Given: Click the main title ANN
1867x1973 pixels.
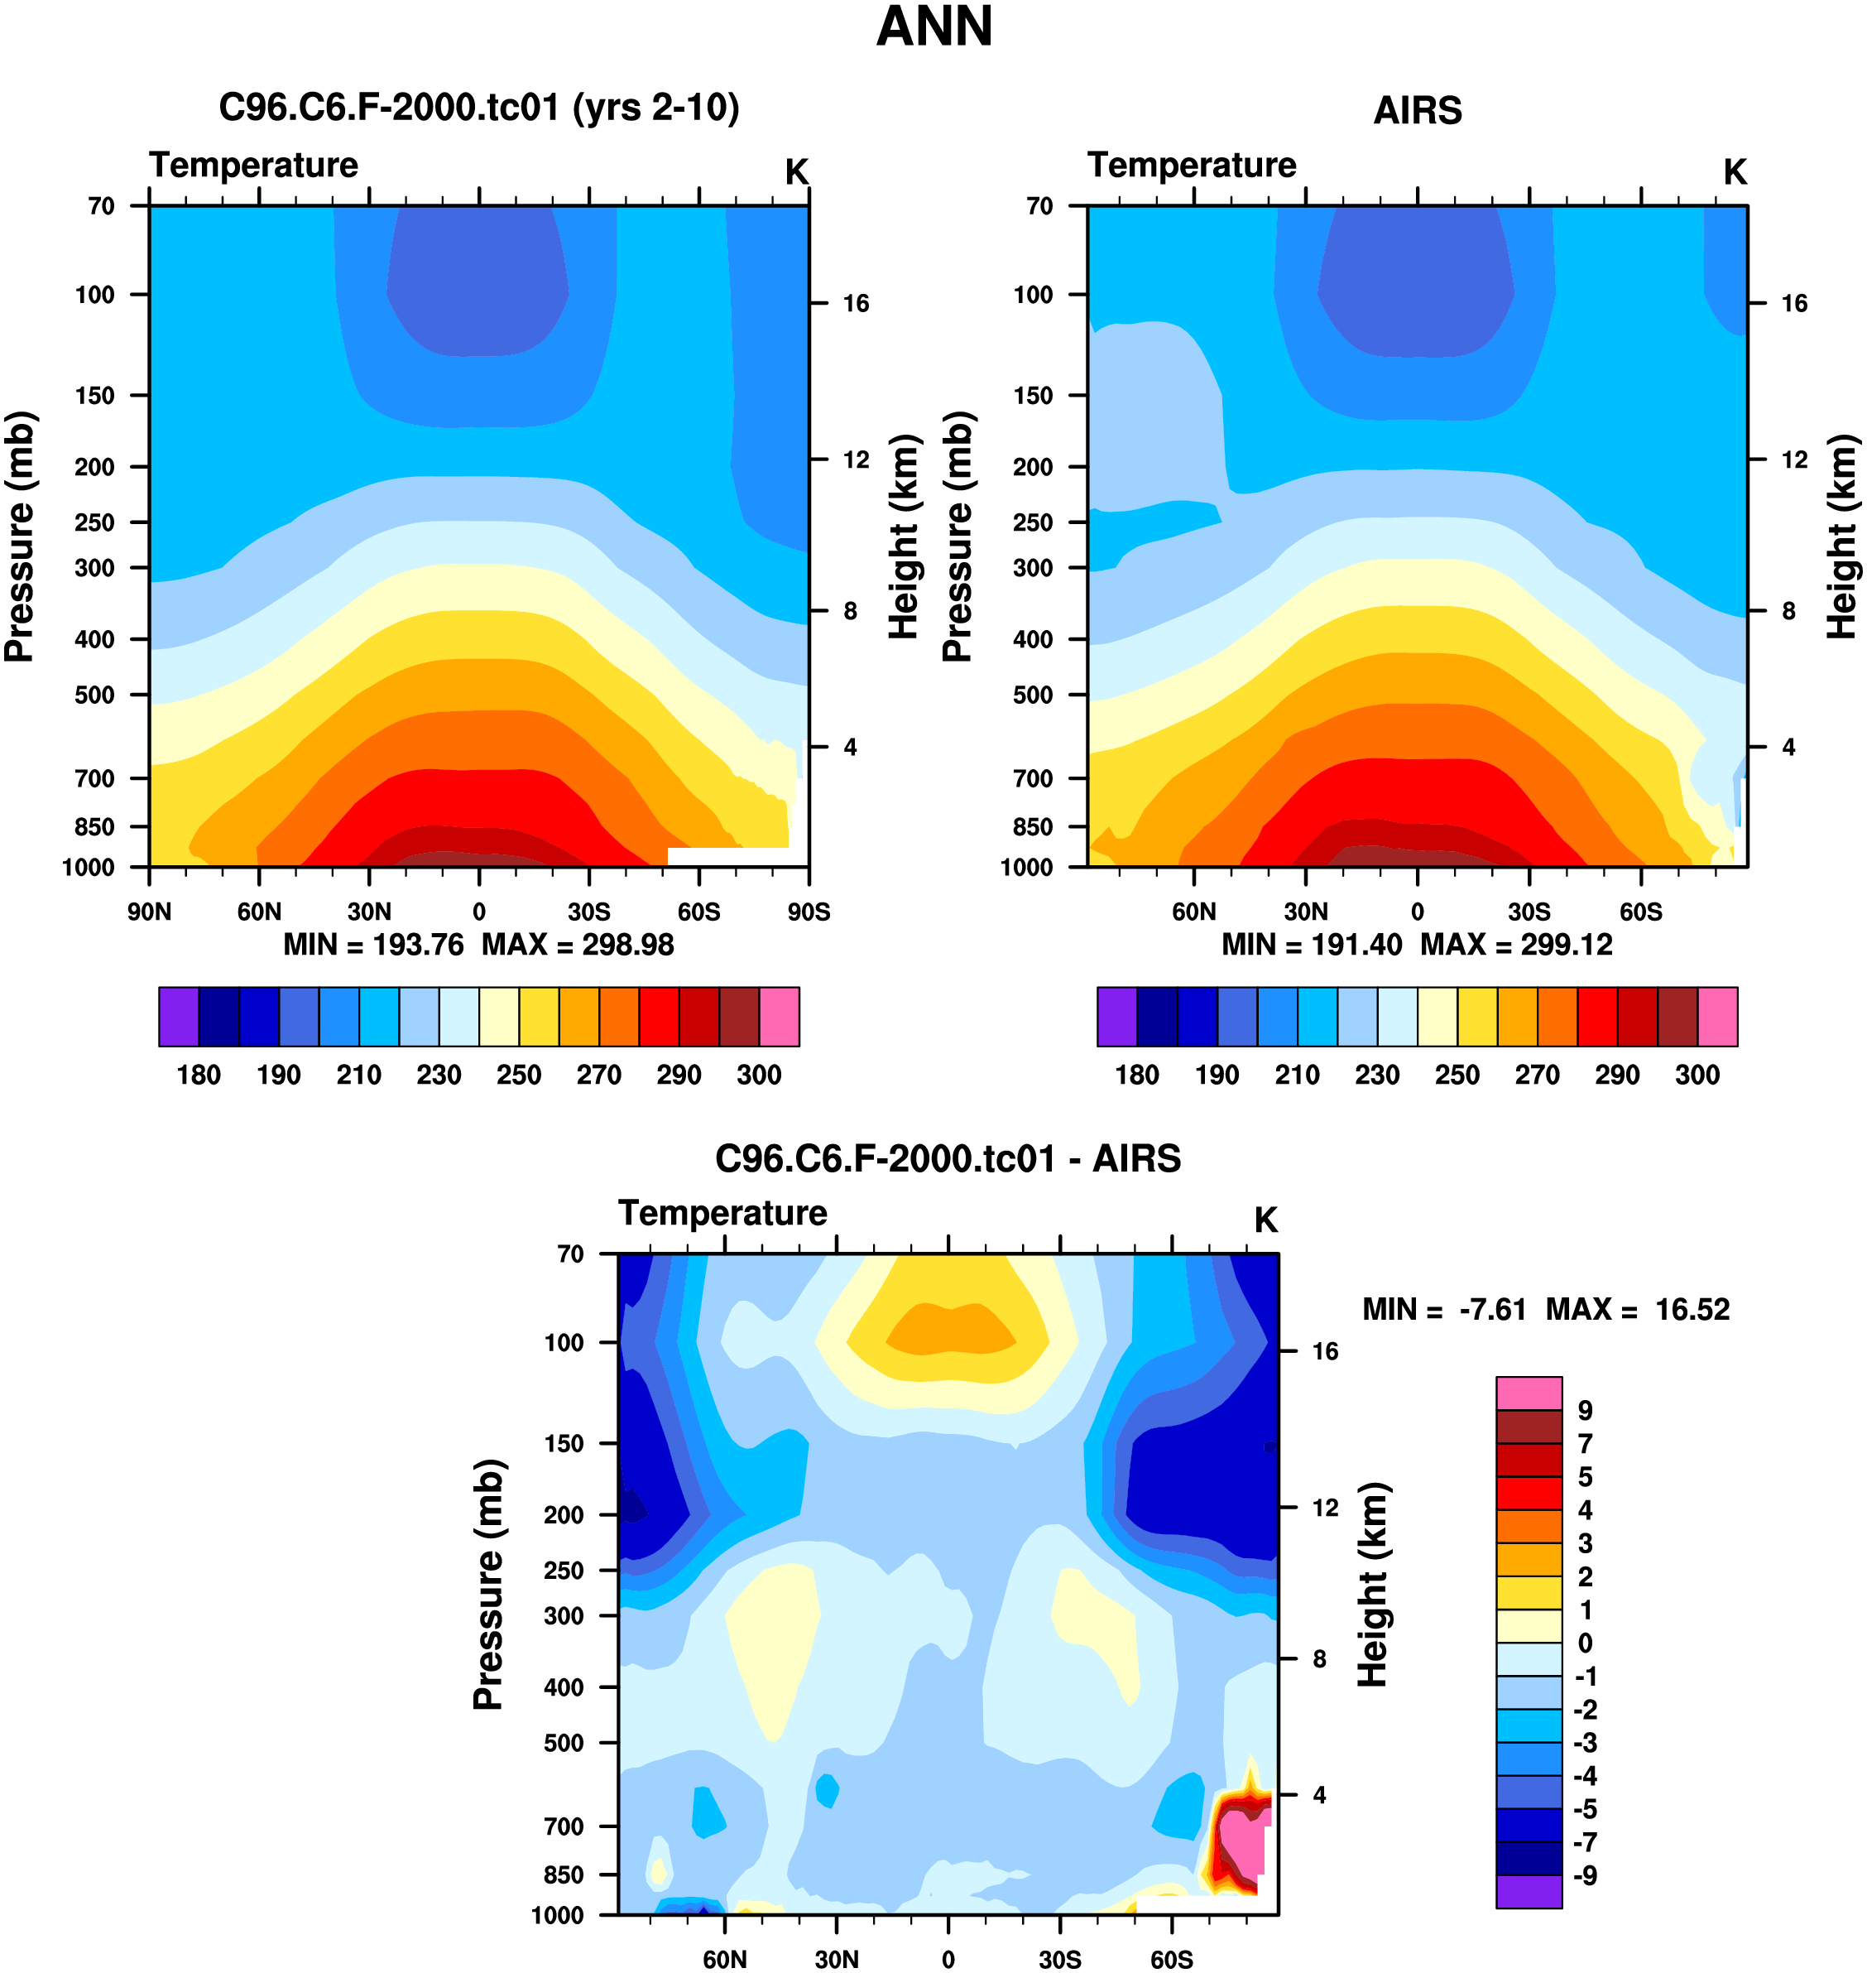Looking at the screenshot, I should (x=933, y=26).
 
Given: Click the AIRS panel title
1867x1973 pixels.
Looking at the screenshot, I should (x=1416, y=110).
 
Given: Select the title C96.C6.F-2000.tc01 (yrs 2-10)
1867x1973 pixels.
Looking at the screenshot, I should (x=478, y=108).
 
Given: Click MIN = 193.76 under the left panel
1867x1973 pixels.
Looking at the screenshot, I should (x=373, y=945).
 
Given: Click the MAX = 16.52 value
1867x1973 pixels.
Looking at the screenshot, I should (x=1637, y=1309).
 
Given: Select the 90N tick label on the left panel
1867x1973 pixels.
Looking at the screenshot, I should (x=149, y=912).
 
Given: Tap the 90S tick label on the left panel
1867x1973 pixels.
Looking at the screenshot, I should (x=808, y=912).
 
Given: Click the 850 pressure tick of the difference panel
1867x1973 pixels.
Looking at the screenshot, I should (x=564, y=1874).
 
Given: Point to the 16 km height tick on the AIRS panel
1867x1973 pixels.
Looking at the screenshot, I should (x=1793, y=304).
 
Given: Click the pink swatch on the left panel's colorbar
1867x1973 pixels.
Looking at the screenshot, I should (x=780, y=1017).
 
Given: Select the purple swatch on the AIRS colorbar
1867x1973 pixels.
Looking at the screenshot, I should (x=1116, y=1017).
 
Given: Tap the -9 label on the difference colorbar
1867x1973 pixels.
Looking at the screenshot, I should (x=1584, y=1875).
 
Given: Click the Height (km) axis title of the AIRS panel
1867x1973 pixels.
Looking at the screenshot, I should (x=1842, y=537).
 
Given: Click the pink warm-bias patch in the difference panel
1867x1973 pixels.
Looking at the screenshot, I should (x=1242, y=1841).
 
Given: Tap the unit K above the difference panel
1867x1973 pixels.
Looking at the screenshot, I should (x=1265, y=1220).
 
